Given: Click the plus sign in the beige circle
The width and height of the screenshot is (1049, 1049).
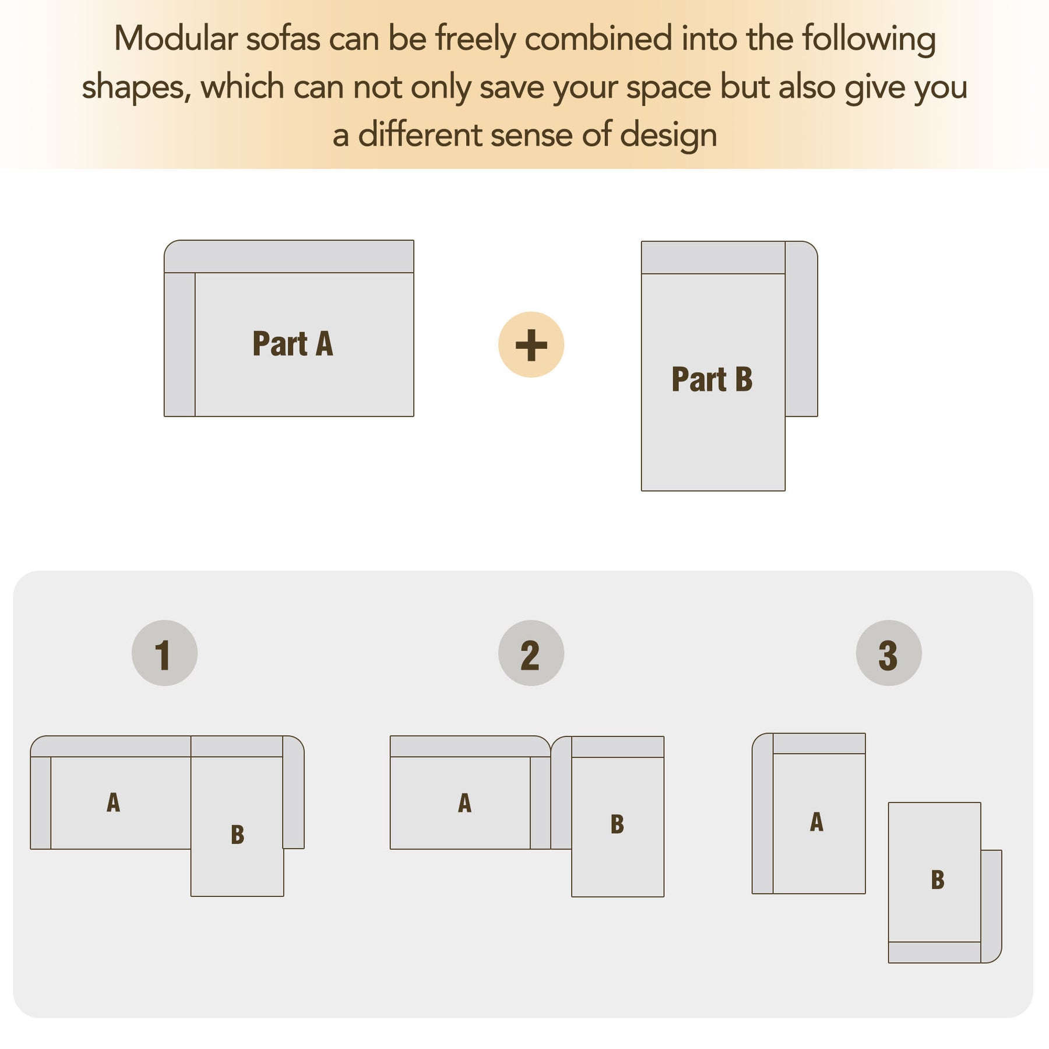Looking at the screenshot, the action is pyautogui.click(x=531, y=345).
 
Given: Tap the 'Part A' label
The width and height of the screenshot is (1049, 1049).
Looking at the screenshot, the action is pyautogui.click(x=293, y=343).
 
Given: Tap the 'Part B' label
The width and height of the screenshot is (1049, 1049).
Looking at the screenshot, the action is pyautogui.click(x=712, y=379).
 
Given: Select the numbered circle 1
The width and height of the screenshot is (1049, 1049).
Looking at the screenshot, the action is pyautogui.click(x=164, y=653).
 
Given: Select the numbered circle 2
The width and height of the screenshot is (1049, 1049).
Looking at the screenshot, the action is pyautogui.click(x=531, y=653).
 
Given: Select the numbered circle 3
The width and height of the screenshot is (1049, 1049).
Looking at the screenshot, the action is pyautogui.click(x=889, y=653).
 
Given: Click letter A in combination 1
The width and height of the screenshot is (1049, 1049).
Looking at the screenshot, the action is pyautogui.click(x=114, y=802).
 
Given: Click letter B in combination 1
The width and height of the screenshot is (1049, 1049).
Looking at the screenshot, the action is pyautogui.click(x=237, y=835).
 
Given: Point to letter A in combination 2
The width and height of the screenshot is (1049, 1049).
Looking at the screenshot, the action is pyautogui.click(x=464, y=803).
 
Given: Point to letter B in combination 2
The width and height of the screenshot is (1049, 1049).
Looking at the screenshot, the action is pyautogui.click(x=617, y=824).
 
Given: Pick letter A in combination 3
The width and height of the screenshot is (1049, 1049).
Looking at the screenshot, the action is pyautogui.click(x=816, y=822).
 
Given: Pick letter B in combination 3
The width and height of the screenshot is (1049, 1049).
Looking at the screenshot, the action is pyautogui.click(x=938, y=880).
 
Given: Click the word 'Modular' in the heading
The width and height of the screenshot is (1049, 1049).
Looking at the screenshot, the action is pyautogui.click(x=176, y=39).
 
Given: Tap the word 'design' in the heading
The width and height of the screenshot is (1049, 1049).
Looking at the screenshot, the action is pyautogui.click(x=668, y=136).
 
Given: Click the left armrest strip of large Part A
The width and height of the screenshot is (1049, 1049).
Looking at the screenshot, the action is pyautogui.click(x=179, y=344).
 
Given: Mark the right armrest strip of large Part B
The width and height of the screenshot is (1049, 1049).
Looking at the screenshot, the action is pyautogui.click(x=801, y=329).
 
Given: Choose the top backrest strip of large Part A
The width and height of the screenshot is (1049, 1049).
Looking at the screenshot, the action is pyautogui.click(x=289, y=256).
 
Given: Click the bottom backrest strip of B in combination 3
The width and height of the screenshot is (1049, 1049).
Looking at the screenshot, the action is pyautogui.click(x=934, y=952).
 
